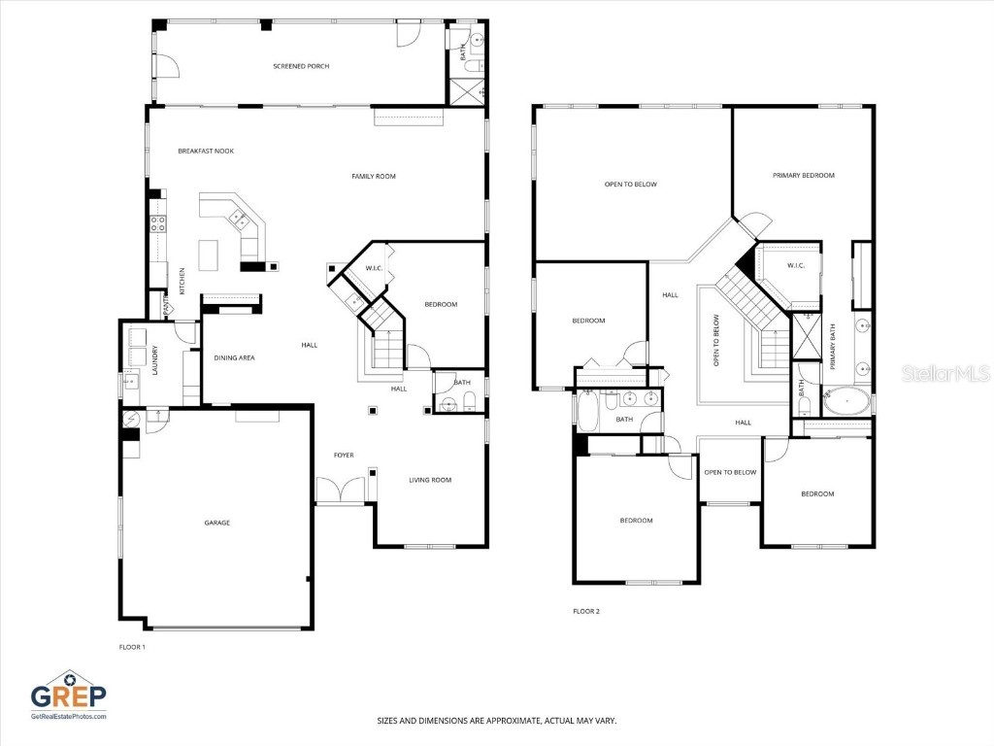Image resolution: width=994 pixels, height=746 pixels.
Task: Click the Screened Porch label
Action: point(301,66)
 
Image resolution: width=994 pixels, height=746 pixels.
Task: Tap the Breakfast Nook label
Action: point(206,151)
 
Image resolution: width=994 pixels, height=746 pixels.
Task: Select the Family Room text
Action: point(374,176)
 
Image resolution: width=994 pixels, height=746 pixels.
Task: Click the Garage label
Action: point(216,523)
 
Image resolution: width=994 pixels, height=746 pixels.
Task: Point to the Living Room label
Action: point(430,479)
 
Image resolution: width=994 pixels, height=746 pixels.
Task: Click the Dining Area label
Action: point(234,357)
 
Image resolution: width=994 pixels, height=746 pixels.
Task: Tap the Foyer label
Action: point(345,454)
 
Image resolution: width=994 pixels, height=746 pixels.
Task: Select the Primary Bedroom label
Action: point(804,175)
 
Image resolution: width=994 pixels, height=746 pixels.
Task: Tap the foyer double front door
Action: point(340,491)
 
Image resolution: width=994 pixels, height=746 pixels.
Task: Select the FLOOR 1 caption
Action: point(131,646)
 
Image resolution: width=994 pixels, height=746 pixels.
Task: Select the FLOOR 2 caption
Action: point(586,611)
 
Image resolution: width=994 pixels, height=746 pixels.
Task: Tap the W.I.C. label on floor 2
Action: point(796,265)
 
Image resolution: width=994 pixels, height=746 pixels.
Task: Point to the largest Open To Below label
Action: point(631,184)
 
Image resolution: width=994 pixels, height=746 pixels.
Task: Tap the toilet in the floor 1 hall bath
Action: point(469,403)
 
